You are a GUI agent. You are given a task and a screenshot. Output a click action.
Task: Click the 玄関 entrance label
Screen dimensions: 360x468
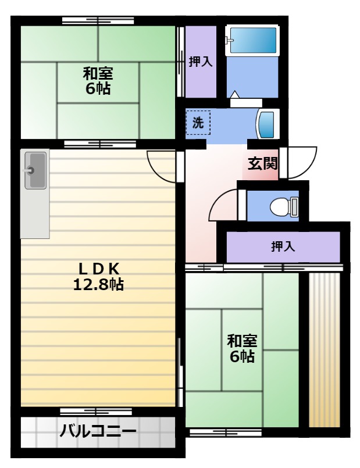263,163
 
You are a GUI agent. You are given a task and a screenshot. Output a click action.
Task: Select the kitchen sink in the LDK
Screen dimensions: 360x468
35,170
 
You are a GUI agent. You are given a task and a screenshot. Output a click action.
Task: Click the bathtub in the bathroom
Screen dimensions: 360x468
254,40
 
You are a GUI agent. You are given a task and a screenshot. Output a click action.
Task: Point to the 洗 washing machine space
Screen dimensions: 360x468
198,122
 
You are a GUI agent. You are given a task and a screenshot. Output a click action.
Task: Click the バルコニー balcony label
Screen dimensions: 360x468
98,431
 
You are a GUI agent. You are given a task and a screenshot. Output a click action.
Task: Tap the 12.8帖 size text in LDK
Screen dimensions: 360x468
98,284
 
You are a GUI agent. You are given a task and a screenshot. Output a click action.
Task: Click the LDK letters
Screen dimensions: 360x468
99,269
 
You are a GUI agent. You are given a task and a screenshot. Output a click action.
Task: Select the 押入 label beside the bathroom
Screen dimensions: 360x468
201,62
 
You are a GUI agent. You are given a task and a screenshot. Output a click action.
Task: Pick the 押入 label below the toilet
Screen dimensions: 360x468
283,246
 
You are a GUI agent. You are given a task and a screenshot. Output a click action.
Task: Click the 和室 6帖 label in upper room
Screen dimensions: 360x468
98,81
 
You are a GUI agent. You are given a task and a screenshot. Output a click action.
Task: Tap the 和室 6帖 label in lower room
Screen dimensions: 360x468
242,348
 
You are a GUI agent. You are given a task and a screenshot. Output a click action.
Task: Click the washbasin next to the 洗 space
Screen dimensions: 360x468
267,124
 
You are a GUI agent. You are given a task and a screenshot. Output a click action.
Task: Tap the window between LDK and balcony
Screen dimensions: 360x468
96,412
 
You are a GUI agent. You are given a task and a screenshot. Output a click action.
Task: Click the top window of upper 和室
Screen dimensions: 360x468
98,21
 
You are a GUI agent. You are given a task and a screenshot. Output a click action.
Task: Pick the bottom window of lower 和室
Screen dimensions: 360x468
226,433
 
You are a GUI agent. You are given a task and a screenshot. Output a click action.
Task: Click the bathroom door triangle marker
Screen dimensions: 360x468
235,94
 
